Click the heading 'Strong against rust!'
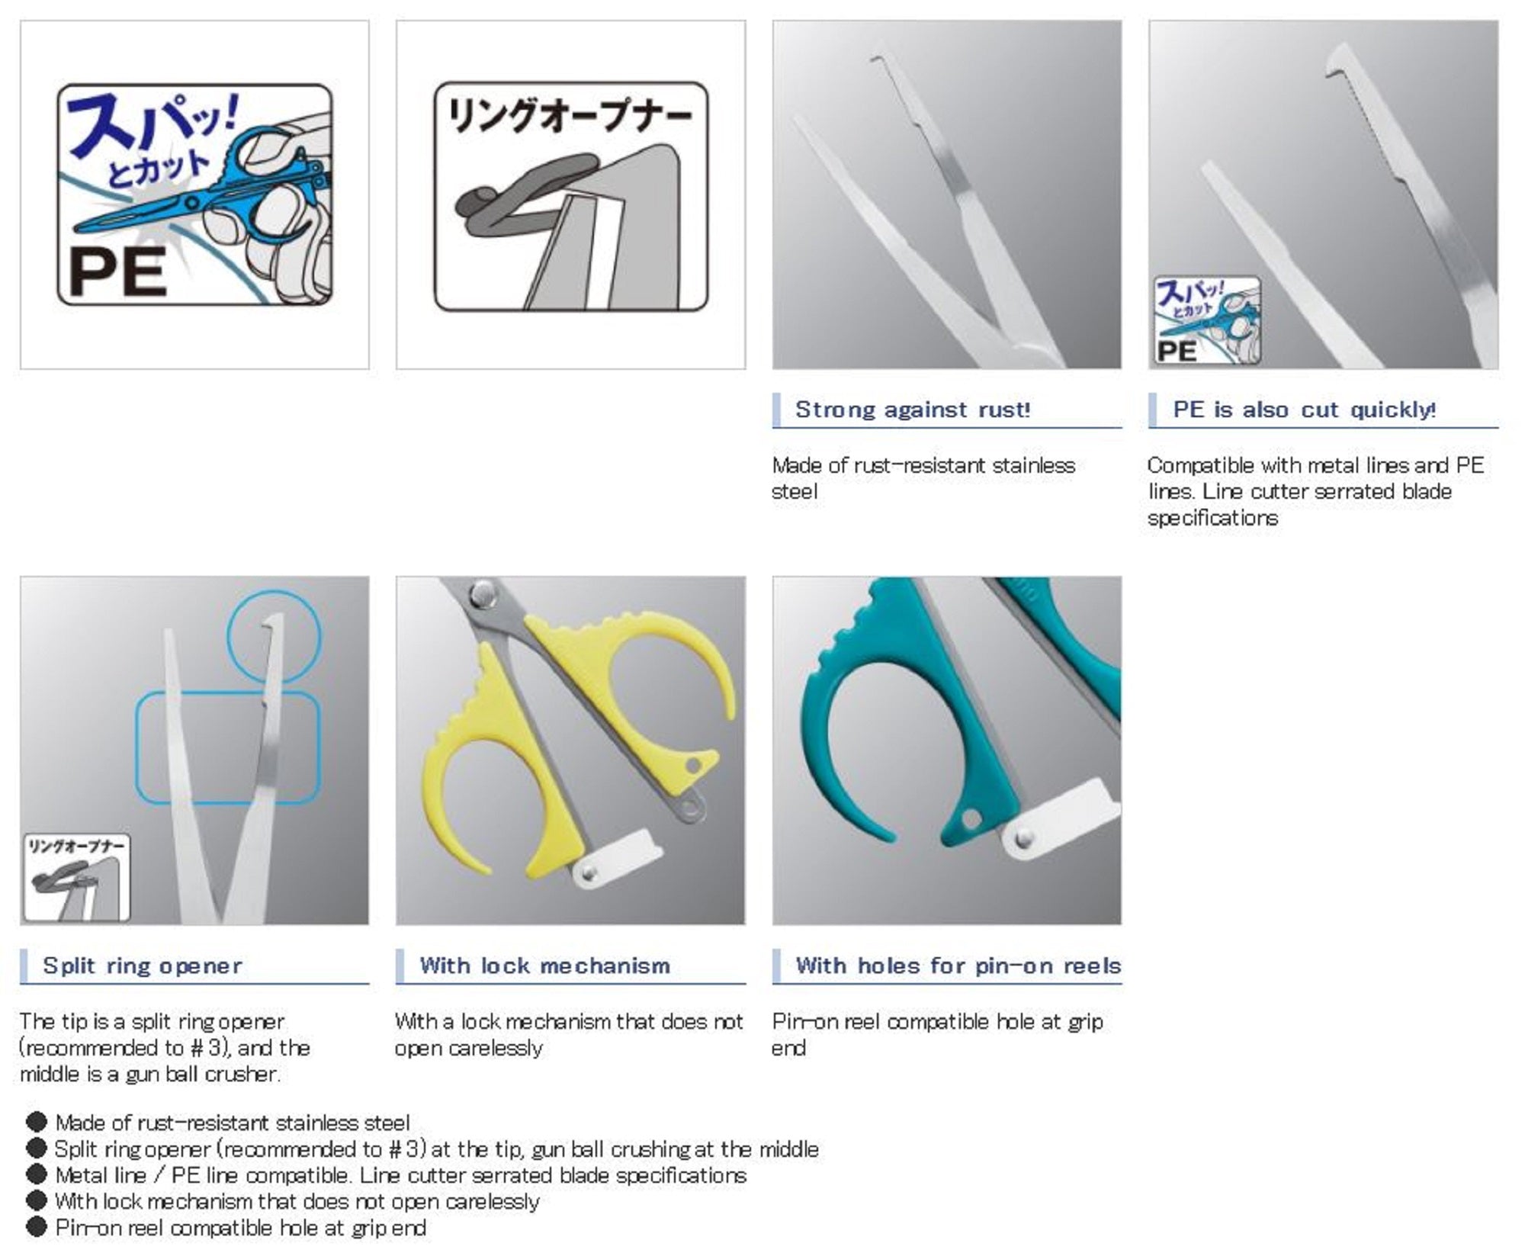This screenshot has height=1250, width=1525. pos(913,410)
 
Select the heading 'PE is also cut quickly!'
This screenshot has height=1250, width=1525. pos(1304,410)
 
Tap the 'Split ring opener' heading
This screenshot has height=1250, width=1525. pos(143,966)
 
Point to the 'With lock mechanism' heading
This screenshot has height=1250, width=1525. pos(544,966)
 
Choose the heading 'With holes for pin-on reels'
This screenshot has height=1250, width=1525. pos(958,966)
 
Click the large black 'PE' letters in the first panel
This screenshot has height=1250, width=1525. pos(118,273)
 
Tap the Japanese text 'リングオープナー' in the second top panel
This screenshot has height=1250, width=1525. pos(570,116)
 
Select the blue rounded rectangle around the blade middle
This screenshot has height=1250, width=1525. pos(137,747)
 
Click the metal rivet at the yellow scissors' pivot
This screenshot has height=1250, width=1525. pos(482,591)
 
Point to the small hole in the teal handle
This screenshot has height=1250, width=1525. pos(971,819)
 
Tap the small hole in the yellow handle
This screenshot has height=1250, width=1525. pos(693,764)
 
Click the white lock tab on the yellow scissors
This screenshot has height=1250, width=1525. pos(618,859)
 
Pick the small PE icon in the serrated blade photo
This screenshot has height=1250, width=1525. pos(1206,320)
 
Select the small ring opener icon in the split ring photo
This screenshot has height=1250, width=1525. pos(77,877)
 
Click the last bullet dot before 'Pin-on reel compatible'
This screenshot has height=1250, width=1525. pos(36,1227)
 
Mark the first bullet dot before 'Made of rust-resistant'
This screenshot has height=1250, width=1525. pos(36,1122)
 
